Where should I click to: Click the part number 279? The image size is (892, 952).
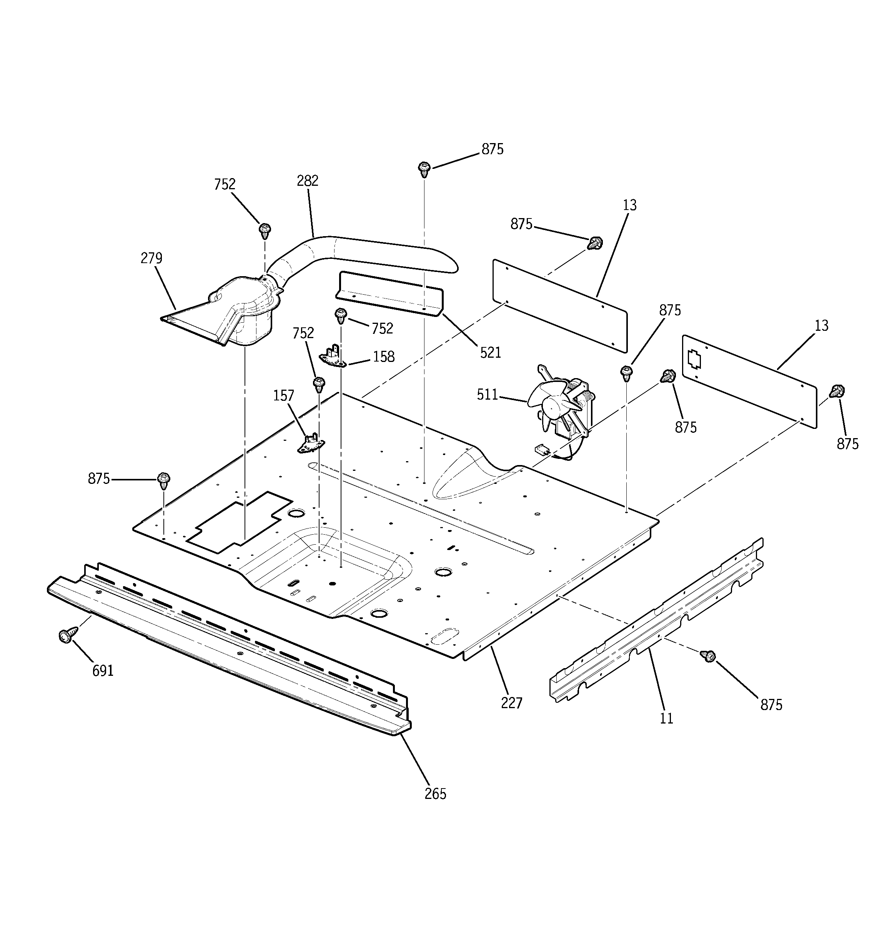point(151,258)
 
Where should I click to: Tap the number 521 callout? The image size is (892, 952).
point(490,352)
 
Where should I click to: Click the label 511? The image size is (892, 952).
point(488,395)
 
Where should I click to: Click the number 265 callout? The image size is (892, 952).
point(435,794)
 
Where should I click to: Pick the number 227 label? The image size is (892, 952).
point(511,704)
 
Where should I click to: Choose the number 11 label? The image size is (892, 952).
point(666,718)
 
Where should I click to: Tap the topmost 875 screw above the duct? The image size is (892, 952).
point(424,168)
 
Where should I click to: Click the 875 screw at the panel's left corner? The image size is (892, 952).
point(164,480)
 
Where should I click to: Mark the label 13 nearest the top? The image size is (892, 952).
point(630,205)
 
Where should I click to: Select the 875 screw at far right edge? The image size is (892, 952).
point(838,391)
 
